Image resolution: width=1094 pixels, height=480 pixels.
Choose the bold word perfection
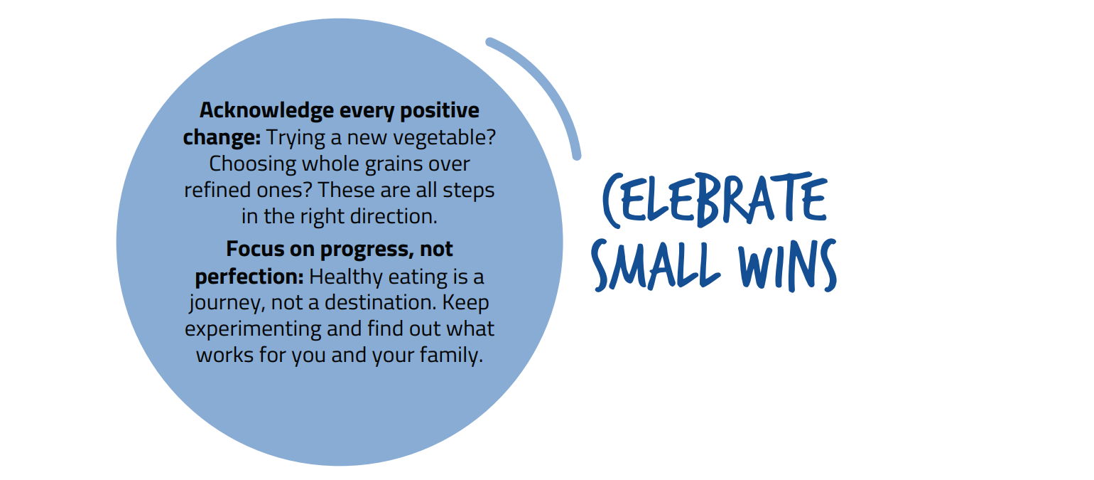coord(249,277)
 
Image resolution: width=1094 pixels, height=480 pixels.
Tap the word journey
coord(227,304)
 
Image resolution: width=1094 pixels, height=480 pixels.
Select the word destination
coord(381,302)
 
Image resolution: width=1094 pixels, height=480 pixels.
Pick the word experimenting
coord(253,329)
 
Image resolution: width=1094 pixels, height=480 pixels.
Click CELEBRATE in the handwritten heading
coord(715,199)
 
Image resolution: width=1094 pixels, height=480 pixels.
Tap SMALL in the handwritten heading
coord(656,265)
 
